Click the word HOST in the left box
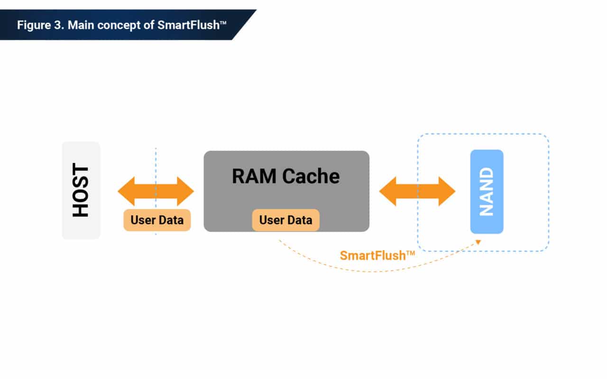click(81, 190)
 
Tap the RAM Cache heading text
click(285, 176)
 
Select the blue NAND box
click(487, 191)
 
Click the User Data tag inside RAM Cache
click(285, 220)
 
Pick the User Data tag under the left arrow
click(157, 220)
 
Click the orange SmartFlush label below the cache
click(373, 256)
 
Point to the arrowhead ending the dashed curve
click(478, 243)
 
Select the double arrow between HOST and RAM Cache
click(156, 191)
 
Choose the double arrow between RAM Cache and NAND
click(417, 191)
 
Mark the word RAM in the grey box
click(254, 176)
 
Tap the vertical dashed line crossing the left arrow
click(156, 161)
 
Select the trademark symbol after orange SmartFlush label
click(411, 253)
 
